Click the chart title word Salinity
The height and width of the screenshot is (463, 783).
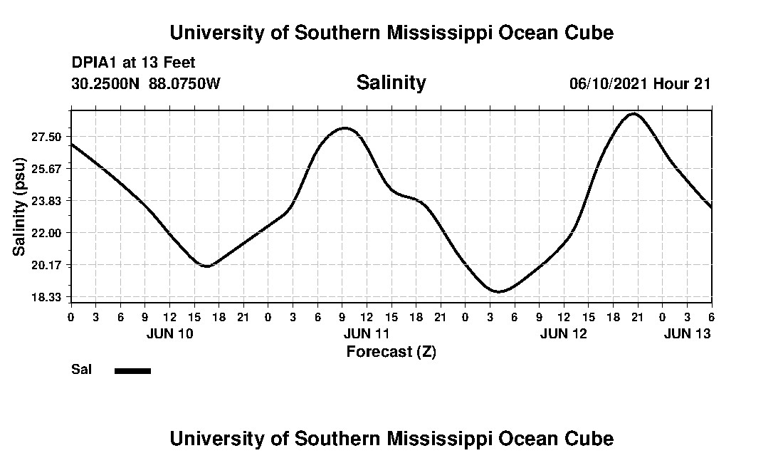click(x=391, y=83)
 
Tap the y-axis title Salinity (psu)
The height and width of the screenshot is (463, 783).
click(x=19, y=208)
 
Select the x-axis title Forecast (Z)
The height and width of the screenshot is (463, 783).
click(x=391, y=351)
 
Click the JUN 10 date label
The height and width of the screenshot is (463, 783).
click(x=170, y=333)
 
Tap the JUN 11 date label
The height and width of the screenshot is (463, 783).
click(x=367, y=333)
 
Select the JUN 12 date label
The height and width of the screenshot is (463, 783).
click(x=564, y=333)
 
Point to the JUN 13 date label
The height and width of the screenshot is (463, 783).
click(x=687, y=333)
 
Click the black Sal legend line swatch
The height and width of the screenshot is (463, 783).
click(x=132, y=370)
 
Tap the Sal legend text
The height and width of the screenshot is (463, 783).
click(x=80, y=370)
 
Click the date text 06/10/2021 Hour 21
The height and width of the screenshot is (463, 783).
click(x=640, y=83)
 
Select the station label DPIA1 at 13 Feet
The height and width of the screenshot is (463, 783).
click(x=133, y=63)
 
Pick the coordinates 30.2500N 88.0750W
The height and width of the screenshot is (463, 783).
click(x=146, y=83)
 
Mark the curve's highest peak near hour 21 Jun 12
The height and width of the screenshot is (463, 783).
click(x=634, y=113)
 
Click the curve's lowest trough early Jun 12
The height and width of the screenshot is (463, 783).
click(x=499, y=291)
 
